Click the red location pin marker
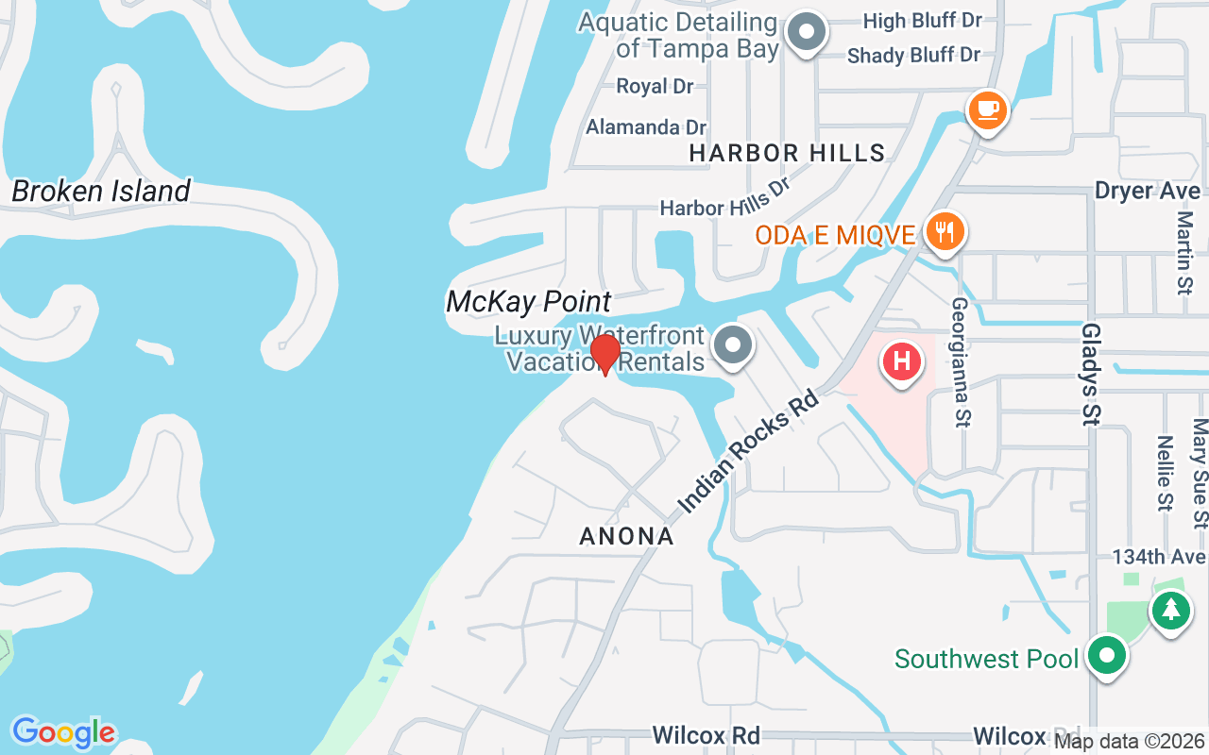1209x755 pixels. (x=604, y=355)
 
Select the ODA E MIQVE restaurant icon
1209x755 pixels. (x=944, y=231)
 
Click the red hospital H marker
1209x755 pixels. (x=901, y=361)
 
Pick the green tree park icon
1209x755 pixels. (x=1170, y=609)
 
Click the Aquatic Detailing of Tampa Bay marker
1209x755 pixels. (x=806, y=33)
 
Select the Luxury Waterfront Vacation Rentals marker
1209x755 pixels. (x=732, y=345)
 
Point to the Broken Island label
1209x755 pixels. (x=101, y=192)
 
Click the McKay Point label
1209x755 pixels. (x=529, y=302)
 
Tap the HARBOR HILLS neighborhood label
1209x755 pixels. (x=787, y=153)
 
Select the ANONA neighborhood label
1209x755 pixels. (x=627, y=537)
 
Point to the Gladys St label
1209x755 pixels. (x=1092, y=374)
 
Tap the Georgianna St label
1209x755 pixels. (x=962, y=362)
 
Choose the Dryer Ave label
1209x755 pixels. (x=1147, y=191)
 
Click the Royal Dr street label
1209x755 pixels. (x=655, y=87)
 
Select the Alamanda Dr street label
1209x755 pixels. (x=646, y=126)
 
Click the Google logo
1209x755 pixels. (x=63, y=731)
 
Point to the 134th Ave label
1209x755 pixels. (x=1159, y=557)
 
